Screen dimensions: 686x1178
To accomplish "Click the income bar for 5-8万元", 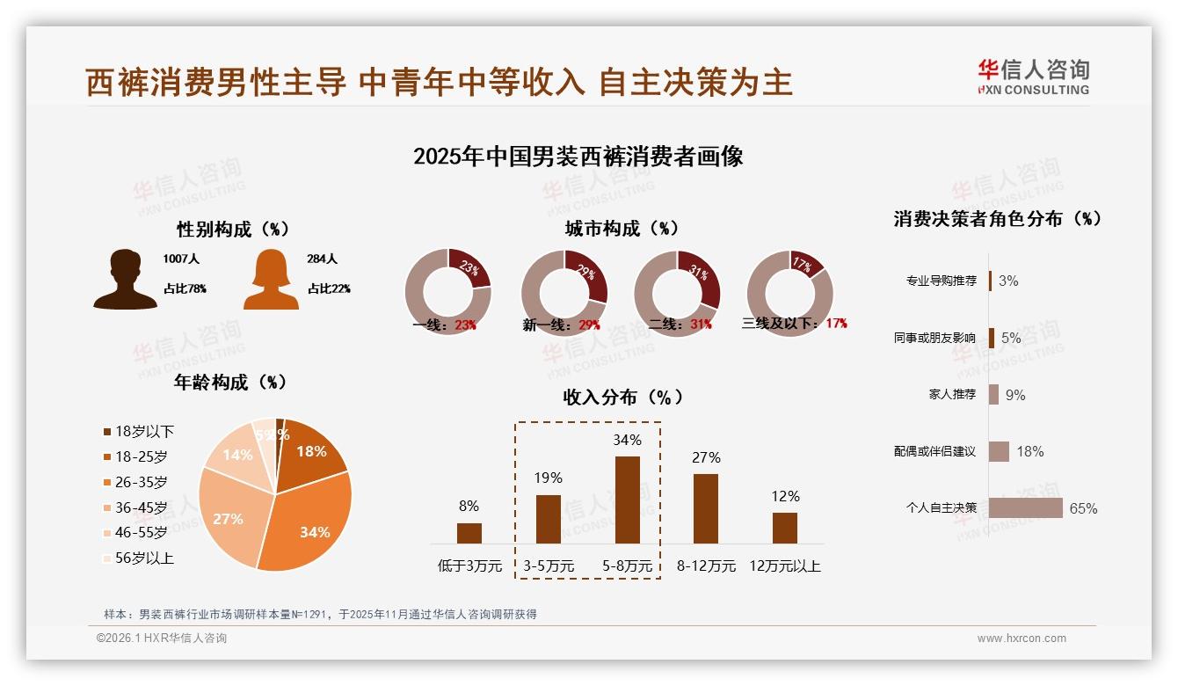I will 627,500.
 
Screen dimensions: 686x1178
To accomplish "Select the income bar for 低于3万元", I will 469,533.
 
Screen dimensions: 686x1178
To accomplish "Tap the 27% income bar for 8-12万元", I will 706,508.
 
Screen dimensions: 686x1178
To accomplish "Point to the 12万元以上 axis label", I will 785,566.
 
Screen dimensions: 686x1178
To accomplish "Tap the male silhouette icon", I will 126,279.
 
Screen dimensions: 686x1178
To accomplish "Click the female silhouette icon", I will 271,280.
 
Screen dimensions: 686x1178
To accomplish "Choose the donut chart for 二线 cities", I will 677,293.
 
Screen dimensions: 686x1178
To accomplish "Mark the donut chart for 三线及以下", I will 789,293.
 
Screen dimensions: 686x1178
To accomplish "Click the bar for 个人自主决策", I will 1025,507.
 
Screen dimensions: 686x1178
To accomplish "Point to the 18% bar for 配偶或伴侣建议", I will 999,451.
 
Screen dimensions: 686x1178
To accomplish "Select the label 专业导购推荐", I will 941,281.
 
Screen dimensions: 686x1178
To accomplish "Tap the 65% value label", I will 1083,508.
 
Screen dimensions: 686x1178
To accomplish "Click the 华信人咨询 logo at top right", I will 1033,77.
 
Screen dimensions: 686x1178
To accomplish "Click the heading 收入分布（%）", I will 622,397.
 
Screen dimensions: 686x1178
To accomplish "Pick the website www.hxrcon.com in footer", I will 1022,639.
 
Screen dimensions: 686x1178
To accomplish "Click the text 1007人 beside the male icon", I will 181,259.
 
